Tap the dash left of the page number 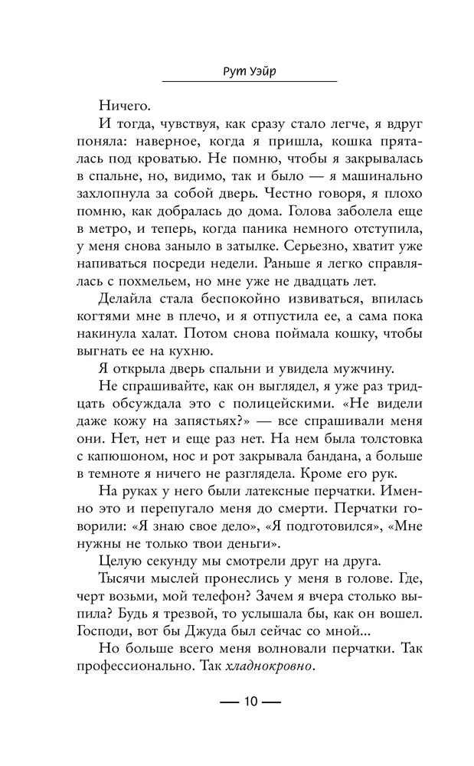click(227, 702)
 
